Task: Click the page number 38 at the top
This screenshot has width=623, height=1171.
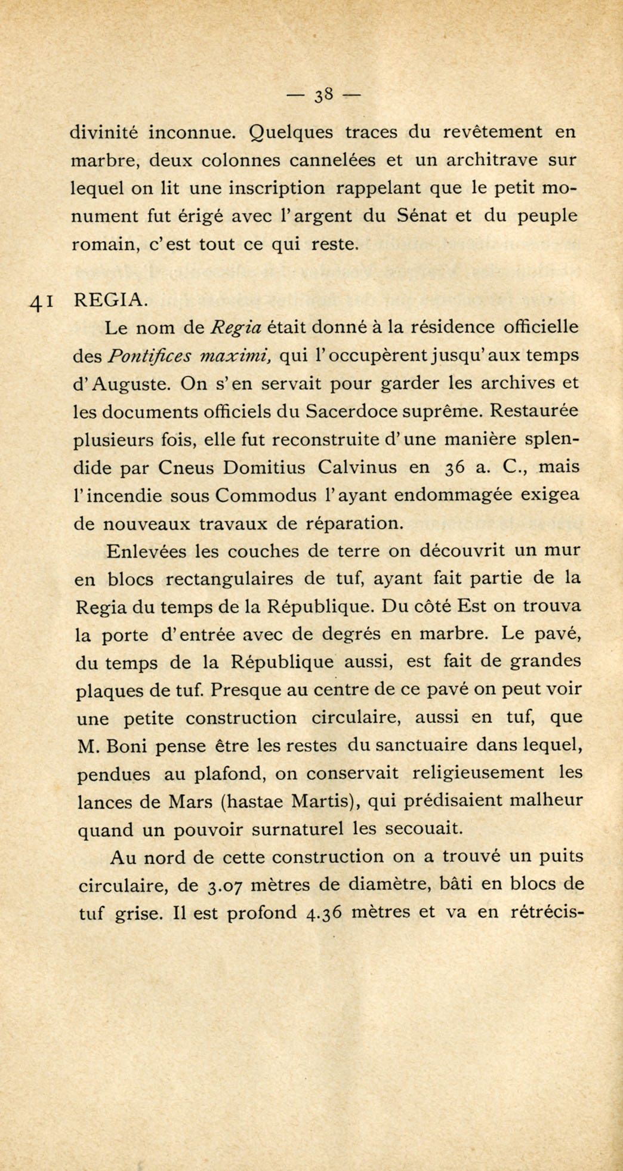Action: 325,94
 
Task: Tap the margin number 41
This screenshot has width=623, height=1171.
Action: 42,303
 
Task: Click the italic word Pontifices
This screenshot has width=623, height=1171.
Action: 149,356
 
